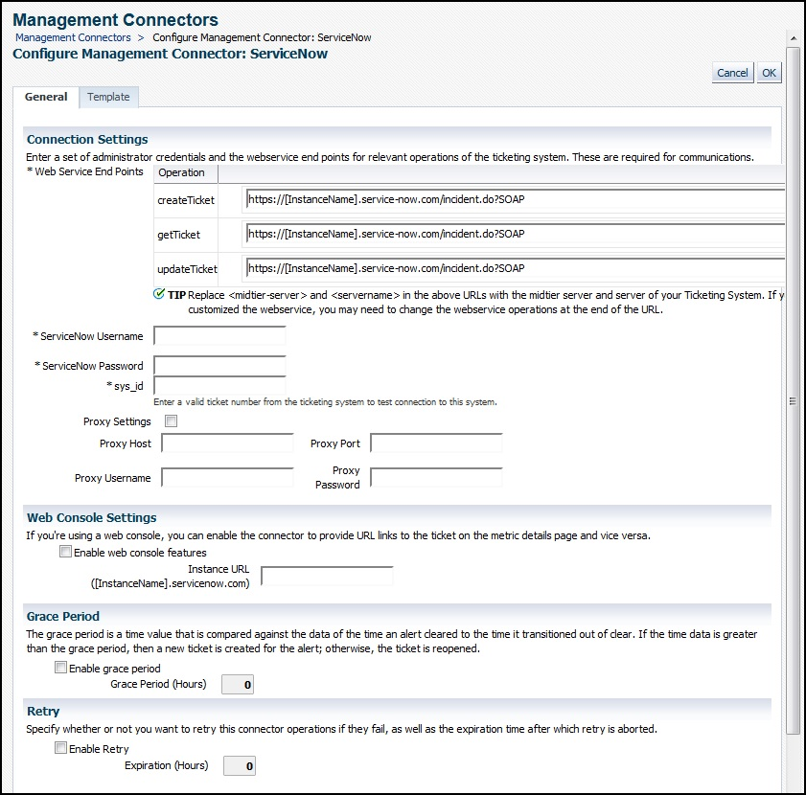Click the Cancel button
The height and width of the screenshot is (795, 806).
point(732,73)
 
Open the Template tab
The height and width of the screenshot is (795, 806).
point(108,97)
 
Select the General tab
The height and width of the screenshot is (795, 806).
point(46,97)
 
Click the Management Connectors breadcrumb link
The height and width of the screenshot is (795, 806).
point(73,37)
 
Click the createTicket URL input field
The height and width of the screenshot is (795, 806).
point(515,199)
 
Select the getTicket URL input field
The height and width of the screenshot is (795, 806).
point(515,234)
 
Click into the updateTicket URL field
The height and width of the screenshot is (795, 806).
point(515,268)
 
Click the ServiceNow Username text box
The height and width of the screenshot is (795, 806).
point(219,335)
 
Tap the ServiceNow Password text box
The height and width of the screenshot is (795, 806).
point(219,366)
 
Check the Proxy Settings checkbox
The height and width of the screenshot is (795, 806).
point(172,421)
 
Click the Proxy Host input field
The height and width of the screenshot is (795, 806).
point(227,443)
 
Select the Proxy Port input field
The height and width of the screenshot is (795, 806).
point(436,443)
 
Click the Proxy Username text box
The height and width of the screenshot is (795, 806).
point(227,477)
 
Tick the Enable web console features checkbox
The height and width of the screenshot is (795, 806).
point(65,552)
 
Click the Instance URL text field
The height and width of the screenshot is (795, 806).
point(327,576)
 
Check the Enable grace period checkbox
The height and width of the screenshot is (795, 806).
point(61,668)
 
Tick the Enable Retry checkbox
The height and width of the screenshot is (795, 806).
point(61,748)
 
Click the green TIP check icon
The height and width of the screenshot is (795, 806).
point(159,294)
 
